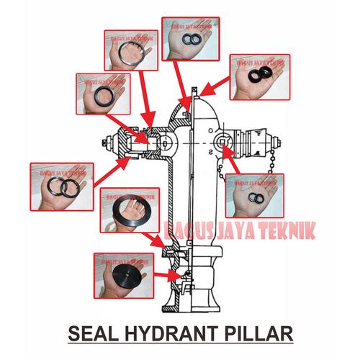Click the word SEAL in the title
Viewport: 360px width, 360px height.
[x=91, y=333]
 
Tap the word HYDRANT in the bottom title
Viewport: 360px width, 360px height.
[x=168, y=333]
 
